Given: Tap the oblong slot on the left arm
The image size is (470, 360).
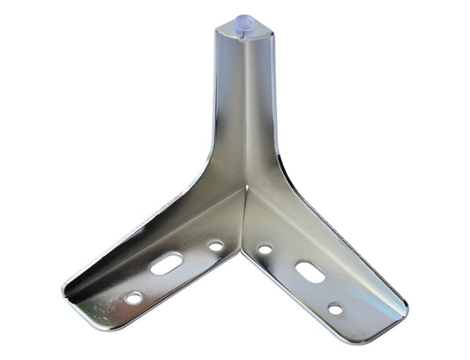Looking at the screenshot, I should pos(167,264).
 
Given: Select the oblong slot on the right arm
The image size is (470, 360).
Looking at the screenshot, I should pos(310,271).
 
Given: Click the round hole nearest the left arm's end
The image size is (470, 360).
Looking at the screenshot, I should pos(133,298).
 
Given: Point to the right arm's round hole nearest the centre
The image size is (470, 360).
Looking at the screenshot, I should pos(265,250).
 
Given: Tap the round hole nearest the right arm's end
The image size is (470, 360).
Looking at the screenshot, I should pos(335,309).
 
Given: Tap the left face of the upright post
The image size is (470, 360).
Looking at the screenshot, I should pos(228,106).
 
